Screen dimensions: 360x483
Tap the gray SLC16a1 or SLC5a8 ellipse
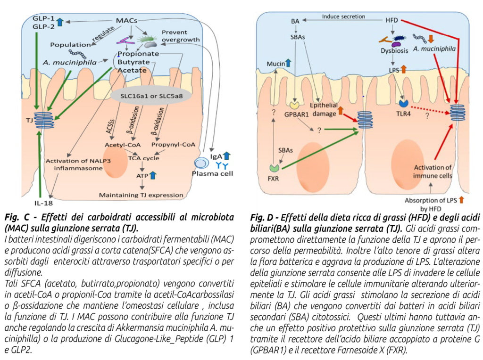[151, 96]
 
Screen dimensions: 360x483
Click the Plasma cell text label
[212, 173]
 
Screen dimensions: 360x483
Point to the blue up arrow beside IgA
[226, 155]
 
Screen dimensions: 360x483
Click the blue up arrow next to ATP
[153, 176]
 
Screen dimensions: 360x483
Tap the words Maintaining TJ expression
[141, 195]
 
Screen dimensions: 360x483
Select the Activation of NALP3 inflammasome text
[75, 164]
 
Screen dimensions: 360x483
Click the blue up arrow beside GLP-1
[59, 21]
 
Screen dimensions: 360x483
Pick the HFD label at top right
[392, 20]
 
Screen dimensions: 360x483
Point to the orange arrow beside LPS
[403, 69]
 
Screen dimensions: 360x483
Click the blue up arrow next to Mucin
[288, 63]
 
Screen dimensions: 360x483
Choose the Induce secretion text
[343, 16]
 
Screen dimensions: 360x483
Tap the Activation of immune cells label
[429, 172]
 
